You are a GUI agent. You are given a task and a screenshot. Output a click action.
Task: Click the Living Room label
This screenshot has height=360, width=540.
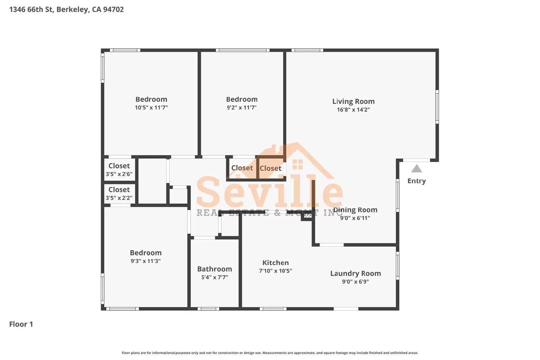point(353,101)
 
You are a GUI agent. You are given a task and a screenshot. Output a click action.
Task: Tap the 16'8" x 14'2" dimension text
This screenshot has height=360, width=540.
point(353,110)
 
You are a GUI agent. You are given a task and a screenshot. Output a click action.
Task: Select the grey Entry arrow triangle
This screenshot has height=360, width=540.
point(416,168)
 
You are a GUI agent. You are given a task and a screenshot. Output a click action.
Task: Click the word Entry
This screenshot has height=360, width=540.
point(416,181)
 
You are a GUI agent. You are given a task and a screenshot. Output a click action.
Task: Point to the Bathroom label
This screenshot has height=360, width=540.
point(214,269)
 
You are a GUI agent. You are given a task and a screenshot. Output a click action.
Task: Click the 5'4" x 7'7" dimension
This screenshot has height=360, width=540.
point(214,277)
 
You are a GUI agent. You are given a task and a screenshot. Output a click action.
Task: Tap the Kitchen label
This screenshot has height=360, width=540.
point(275,262)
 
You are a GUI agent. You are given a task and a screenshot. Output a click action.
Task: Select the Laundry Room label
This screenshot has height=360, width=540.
point(355,273)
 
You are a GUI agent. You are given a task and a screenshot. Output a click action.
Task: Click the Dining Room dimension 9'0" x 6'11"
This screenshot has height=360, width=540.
point(355,218)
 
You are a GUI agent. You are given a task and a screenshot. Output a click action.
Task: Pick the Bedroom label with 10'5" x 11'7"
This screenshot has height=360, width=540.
point(151,99)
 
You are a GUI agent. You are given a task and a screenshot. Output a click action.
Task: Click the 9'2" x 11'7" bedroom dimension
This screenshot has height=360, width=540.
point(242,108)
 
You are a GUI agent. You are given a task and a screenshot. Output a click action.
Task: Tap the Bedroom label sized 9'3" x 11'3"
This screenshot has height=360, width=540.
point(145,253)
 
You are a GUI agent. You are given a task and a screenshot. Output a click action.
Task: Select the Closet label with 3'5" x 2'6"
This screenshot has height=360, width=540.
point(119,166)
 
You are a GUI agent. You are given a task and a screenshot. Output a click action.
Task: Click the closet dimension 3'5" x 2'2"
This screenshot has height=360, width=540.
point(119,198)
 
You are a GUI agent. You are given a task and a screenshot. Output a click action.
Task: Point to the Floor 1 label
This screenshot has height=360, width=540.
point(21,324)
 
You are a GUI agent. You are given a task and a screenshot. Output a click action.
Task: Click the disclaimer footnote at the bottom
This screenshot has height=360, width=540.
point(270,353)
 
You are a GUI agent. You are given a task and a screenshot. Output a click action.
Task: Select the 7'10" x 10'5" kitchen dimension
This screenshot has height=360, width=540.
point(275,271)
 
